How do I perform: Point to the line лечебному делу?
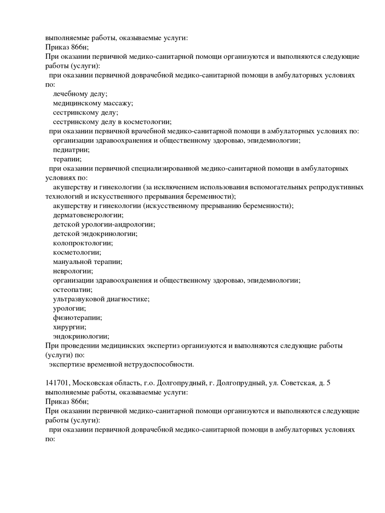(x=80, y=94)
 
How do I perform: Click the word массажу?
(x=118, y=103)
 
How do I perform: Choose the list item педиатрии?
(x=71, y=150)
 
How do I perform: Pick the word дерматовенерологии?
(x=88, y=215)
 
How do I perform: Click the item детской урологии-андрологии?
(x=104, y=224)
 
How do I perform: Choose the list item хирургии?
(x=70, y=327)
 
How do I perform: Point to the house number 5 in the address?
(x=328, y=383)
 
